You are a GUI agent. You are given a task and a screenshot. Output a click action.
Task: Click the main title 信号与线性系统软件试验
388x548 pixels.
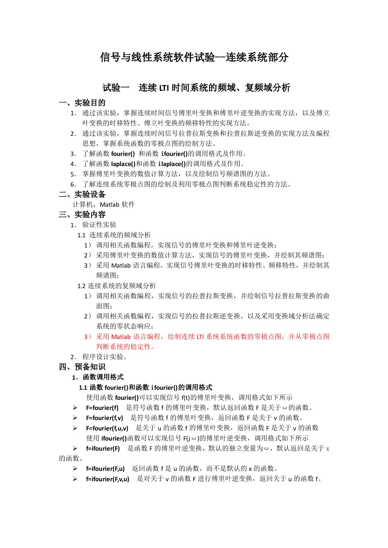point(157,57)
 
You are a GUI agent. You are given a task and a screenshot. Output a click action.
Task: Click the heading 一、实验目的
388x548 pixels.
point(82,103)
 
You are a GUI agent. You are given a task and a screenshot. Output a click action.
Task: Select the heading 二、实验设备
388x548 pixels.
point(82,194)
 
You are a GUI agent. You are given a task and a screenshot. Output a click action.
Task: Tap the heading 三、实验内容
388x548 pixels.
point(82,215)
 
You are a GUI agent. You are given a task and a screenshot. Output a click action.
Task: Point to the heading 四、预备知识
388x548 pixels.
point(82,367)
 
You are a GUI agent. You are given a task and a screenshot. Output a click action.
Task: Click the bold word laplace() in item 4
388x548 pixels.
point(123,164)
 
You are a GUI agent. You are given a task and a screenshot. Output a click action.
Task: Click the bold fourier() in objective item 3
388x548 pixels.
point(123,154)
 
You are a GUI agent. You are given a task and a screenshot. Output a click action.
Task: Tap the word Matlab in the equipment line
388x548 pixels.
point(110,204)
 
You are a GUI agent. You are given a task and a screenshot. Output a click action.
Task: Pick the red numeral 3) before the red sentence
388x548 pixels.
point(88,337)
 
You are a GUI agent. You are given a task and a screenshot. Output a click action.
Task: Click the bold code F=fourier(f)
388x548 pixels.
point(102,408)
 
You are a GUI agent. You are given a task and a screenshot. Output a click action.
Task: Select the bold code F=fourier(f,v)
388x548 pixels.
point(104,418)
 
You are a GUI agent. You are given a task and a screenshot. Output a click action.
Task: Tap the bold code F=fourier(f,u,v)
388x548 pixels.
point(107,428)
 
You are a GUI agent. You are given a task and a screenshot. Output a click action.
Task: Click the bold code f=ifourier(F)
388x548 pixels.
point(103,448)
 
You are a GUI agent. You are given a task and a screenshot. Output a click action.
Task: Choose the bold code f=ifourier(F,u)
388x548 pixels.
point(105,469)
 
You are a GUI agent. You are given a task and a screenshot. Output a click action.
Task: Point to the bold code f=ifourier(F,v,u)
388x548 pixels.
point(108,479)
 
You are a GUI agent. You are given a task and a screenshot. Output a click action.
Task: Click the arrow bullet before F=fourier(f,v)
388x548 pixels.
point(75,418)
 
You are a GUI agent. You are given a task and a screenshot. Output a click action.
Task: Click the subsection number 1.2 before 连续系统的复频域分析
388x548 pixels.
point(82,286)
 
